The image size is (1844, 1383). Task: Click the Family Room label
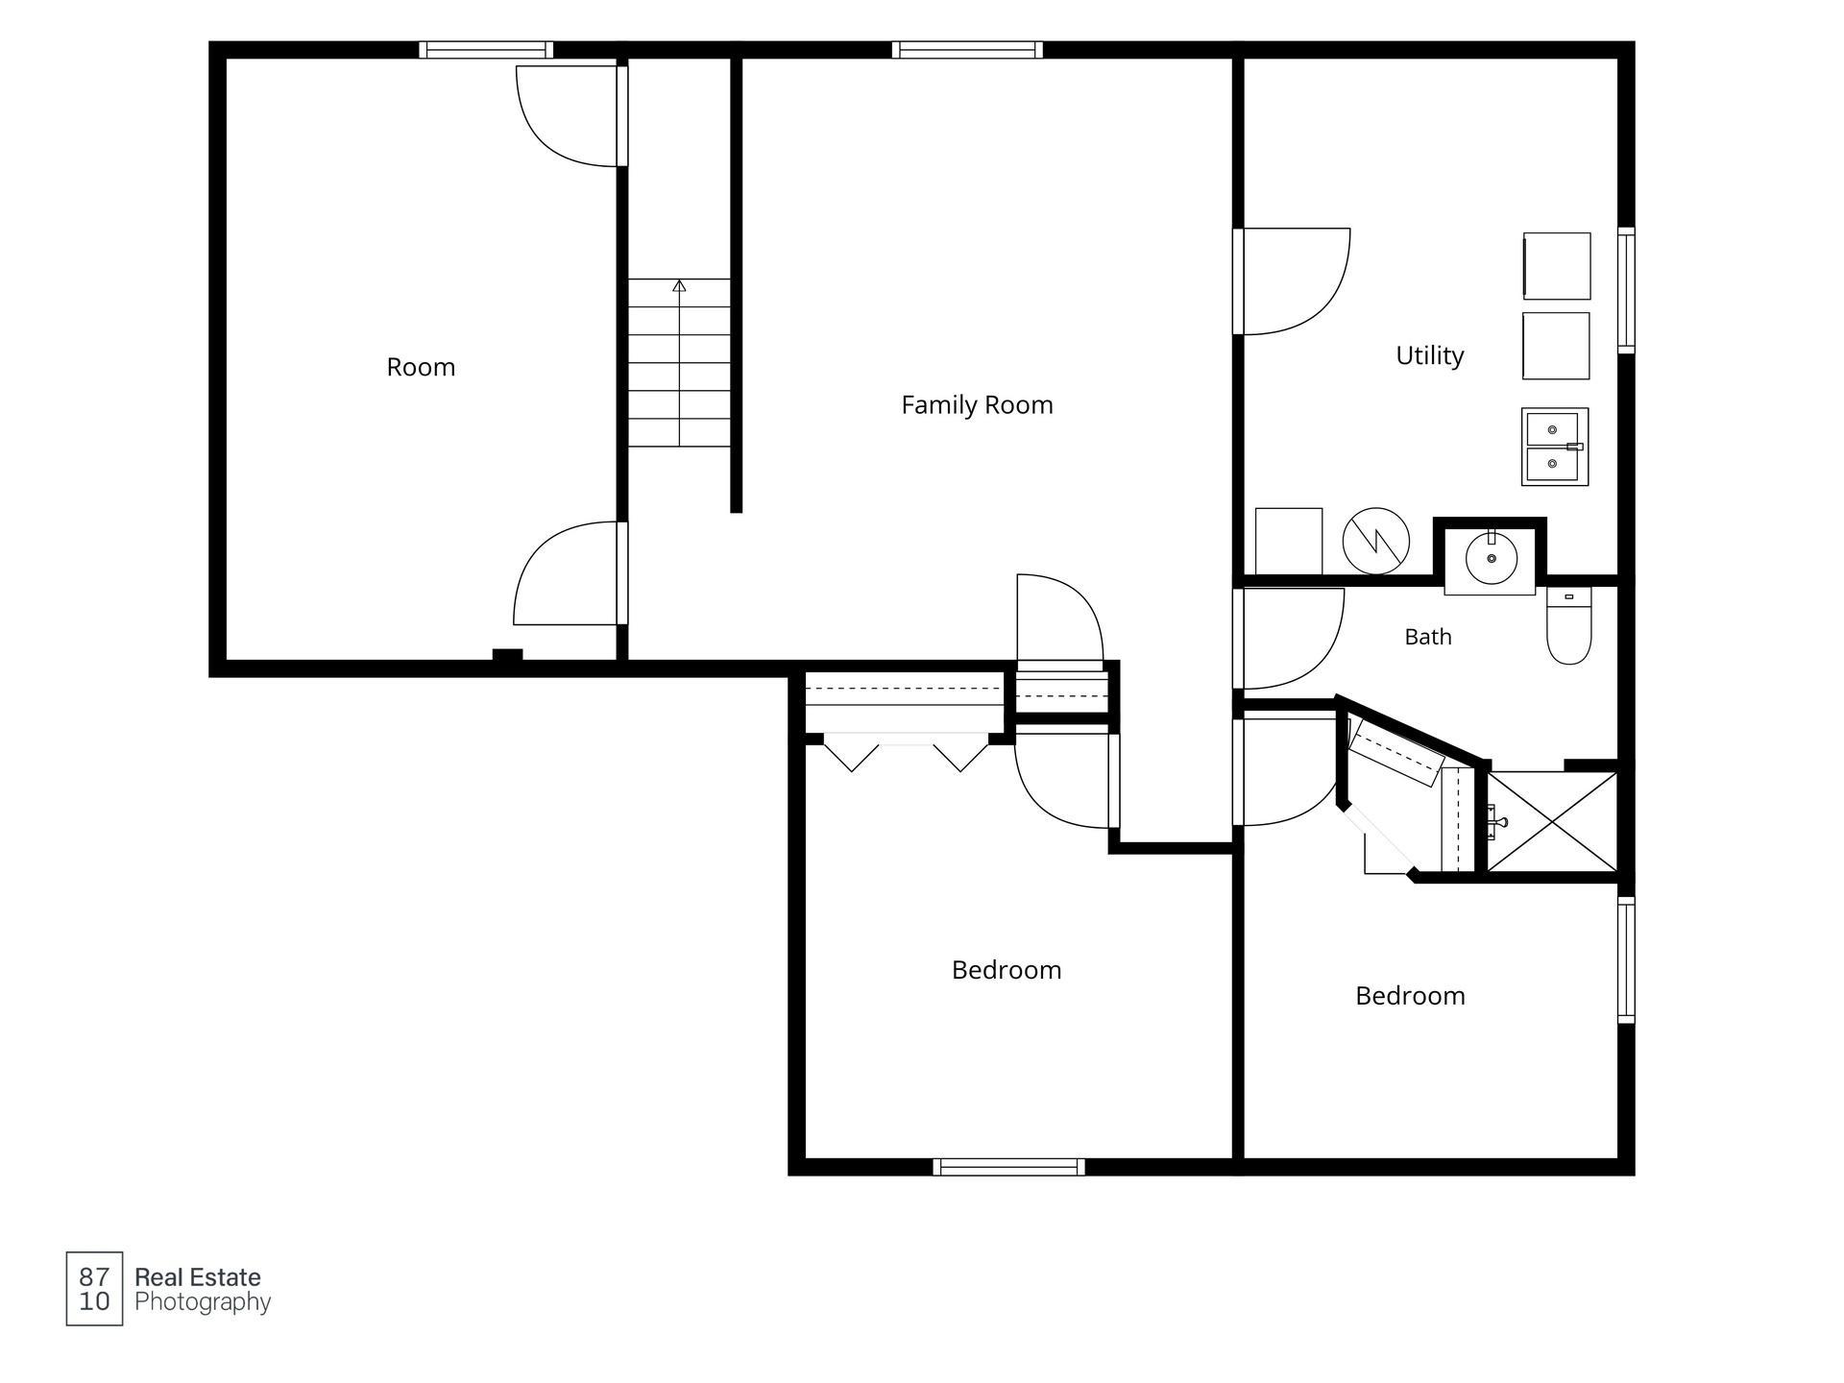tap(977, 405)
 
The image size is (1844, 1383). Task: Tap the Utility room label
tap(1429, 355)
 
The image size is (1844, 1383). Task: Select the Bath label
tap(1428, 637)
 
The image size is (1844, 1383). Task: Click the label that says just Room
tap(421, 367)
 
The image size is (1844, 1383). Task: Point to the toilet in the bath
tap(1569, 625)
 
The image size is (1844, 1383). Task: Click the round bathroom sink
tap(1491, 558)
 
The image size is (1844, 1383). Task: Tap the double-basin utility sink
tap(1554, 447)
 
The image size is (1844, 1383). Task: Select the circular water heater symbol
tap(1375, 541)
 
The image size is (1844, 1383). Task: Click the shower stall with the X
tap(1552, 821)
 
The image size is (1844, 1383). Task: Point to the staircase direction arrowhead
tap(679, 285)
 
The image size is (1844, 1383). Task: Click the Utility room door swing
tap(1292, 281)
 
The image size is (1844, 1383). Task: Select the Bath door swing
tap(1289, 639)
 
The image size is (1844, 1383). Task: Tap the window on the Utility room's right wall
tap(1626, 290)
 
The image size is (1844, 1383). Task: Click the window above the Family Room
tap(967, 50)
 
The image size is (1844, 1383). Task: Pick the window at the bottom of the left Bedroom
tap(1008, 1167)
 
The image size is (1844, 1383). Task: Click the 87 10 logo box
tap(94, 1289)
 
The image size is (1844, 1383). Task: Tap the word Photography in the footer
tap(203, 1303)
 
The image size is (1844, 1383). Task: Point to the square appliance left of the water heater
tap(1289, 541)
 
